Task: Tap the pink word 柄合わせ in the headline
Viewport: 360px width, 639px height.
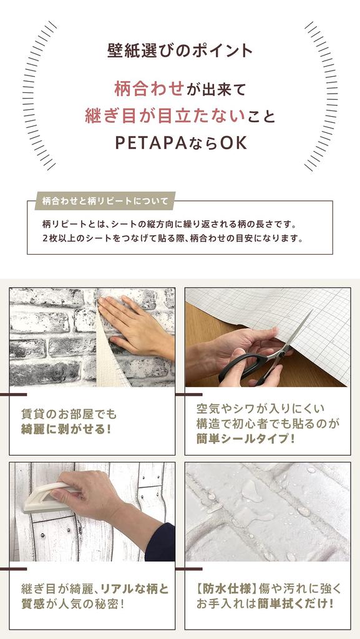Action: (149, 89)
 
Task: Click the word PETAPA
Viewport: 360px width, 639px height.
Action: (153, 143)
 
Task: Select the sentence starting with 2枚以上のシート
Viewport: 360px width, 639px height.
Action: (172, 238)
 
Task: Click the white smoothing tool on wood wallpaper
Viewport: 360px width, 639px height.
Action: (47, 499)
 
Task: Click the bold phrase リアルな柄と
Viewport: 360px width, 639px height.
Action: (134, 588)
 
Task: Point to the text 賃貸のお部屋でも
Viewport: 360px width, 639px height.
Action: (69, 414)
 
